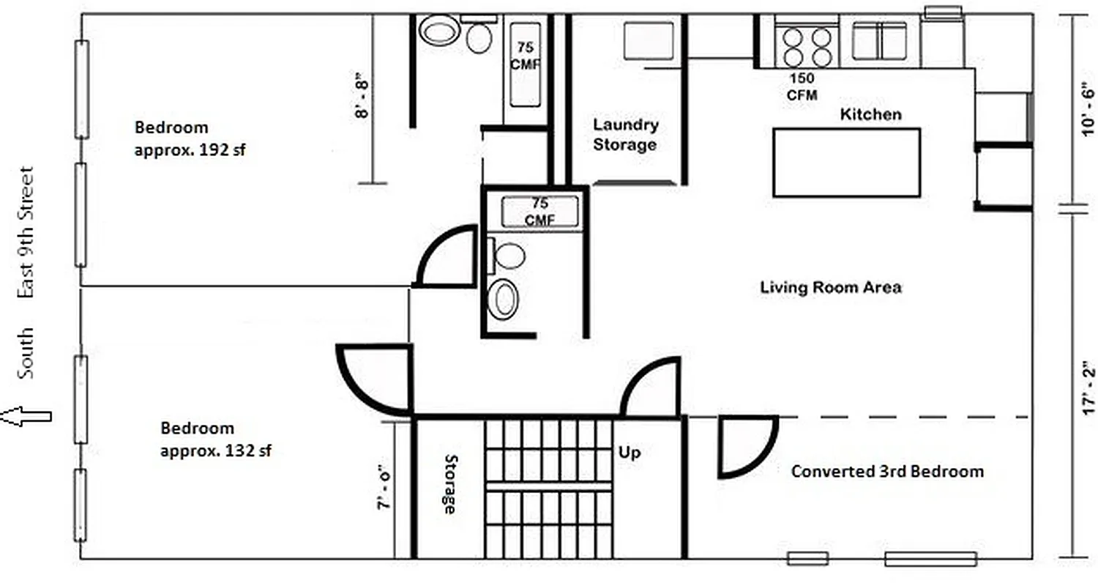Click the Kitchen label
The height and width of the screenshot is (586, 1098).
tap(870, 115)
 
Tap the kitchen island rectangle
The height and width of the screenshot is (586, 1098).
tap(846, 163)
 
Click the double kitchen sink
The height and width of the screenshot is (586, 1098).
tap(879, 40)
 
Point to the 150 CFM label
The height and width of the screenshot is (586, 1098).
tap(802, 86)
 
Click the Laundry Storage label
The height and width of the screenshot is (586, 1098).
tap(625, 135)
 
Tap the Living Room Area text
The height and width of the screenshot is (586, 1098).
tap(831, 287)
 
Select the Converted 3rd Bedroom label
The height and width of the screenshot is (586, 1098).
tap(887, 472)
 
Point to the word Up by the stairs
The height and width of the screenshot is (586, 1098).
tap(630, 453)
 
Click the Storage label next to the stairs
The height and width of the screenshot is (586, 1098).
tap(449, 484)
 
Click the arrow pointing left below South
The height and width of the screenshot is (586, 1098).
tap(26, 417)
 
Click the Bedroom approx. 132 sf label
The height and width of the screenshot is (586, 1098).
tap(216, 439)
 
